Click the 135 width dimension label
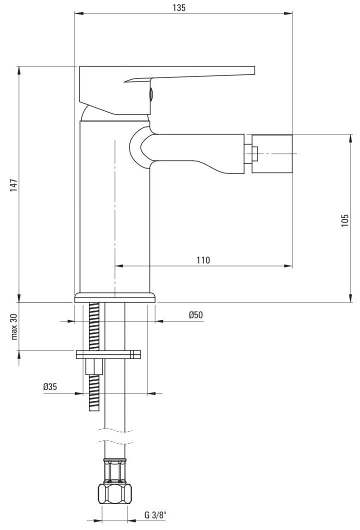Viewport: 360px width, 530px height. pos(179,8)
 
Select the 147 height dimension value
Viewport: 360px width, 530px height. pos(13,185)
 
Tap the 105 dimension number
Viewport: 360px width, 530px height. pos(344,220)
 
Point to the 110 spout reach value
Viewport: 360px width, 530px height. pos(203,260)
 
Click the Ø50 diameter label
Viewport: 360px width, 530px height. pos(195,314)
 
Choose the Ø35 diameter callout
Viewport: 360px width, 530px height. pos(50,386)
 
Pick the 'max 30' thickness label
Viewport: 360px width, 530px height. pos(13,326)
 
